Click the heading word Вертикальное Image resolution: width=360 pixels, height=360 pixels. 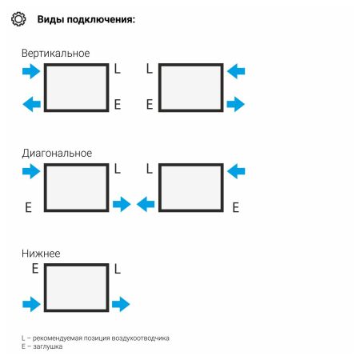[x=56, y=53]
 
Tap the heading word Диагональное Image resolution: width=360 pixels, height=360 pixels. [x=57, y=153]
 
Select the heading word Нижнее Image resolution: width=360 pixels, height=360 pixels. [x=41, y=253]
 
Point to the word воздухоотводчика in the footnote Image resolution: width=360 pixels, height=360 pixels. [x=142, y=338]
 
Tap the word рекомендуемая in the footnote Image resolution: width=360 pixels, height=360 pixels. [x=57, y=338]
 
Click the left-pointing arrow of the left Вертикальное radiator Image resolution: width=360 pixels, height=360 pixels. [x=30, y=104]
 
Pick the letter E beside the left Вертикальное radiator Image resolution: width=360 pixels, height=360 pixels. [x=118, y=104]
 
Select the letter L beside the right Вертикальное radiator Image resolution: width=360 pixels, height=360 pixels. [x=149, y=70]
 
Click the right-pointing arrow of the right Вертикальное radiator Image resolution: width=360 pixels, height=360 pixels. [x=236, y=104]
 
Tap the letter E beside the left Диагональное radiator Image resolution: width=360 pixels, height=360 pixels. [x=28, y=207]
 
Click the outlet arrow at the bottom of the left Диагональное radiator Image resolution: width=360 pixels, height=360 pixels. [x=122, y=205]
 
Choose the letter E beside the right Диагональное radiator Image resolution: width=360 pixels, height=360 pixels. [x=235, y=207]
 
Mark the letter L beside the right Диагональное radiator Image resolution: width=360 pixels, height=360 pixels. [x=149, y=170]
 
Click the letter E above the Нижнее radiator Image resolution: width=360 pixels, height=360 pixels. [x=34, y=270]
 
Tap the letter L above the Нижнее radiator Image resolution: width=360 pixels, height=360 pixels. [x=118, y=270]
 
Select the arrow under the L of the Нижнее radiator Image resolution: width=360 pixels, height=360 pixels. [x=121, y=304]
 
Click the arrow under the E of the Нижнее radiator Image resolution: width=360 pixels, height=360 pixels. [x=30, y=304]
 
